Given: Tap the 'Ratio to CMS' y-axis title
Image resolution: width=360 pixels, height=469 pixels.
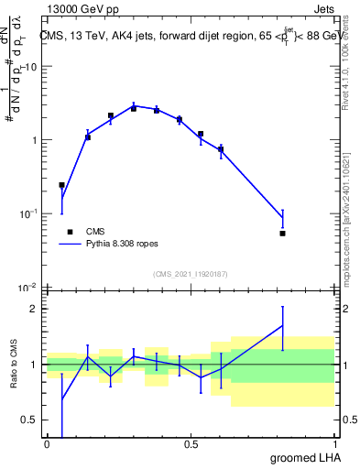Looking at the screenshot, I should point(14,365).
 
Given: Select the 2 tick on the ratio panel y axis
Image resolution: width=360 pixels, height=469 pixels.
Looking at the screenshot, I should point(35,309).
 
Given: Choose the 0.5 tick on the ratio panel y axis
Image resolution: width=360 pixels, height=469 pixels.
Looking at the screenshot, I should point(30,420).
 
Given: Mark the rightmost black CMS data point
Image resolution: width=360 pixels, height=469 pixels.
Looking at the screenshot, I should point(282,234).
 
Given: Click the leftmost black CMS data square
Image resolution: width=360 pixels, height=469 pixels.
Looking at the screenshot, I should point(61,185).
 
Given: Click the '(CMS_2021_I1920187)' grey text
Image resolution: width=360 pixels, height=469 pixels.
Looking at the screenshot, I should point(190,274).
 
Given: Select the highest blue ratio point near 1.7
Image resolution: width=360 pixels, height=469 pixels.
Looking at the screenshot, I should point(282,326).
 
